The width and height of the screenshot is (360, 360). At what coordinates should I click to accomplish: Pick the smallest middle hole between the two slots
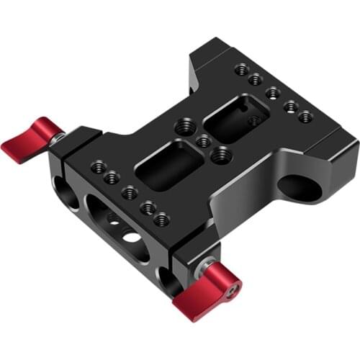[x=204, y=141]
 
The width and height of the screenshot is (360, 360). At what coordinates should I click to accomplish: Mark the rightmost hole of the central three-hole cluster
[x=221, y=153]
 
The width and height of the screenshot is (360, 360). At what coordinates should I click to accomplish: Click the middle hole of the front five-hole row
[x=130, y=192]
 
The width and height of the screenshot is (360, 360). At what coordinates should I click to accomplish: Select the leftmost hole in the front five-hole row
[x=96, y=167]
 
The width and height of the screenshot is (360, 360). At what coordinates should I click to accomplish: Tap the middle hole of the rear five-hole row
[x=272, y=92]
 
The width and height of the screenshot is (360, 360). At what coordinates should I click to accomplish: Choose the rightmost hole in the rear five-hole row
[x=305, y=117]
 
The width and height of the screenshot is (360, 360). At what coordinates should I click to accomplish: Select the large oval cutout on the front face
[x=117, y=227]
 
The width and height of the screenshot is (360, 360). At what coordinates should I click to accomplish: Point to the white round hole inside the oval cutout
[x=132, y=236]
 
